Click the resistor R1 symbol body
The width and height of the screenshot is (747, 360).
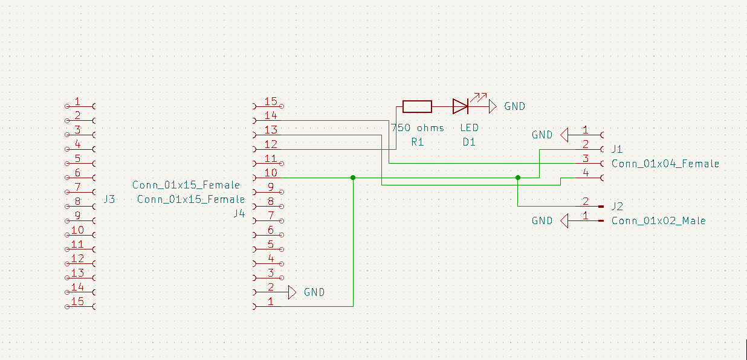(x=417, y=107)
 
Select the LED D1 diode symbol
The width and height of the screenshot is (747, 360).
(x=461, y=107)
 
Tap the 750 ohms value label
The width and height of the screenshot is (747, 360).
(x=418, y=128)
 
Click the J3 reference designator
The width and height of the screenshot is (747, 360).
(x=109, y=199)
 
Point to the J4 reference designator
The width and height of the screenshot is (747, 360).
(x=239, y=213)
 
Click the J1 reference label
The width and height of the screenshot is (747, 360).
(x=617, y=149)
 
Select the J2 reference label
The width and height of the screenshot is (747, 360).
(x=617, y=206)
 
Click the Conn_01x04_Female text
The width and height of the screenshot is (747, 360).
(x=665, y=164)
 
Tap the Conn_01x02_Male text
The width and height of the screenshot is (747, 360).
(x=658, y=220)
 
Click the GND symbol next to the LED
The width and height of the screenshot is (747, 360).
(x=493, y=107)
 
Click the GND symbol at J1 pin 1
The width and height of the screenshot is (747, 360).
(x=564, y=135)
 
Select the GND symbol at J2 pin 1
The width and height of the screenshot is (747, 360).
(x=564, y=221)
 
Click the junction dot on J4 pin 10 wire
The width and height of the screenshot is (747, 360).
(x=353, y=178)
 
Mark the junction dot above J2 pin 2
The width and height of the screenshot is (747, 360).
(x=518, y=178)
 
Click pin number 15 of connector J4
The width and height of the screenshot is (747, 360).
(x=271, y=101)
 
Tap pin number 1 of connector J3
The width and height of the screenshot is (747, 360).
(x=77, y=101)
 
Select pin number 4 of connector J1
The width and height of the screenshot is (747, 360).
(x=585, y=173)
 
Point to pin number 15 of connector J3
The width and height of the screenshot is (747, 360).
(x=77, y=301)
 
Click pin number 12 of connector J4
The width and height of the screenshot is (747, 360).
(x=271, y=144)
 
